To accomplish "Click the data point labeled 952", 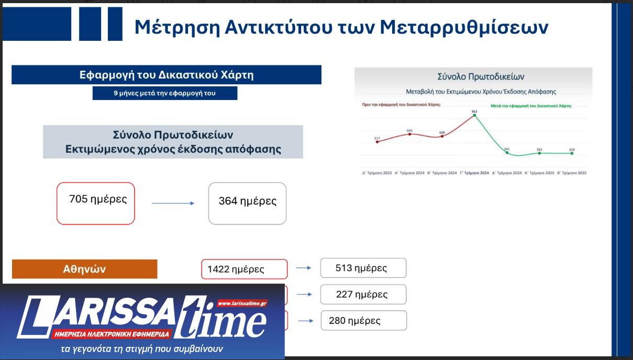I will (x=474, y=116).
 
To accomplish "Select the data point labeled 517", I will (x=377, y=142).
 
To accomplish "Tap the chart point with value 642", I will (x=409, y=134).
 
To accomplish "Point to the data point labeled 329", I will (x=572, y=153).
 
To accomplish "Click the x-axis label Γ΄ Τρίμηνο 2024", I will (x=474, y=173).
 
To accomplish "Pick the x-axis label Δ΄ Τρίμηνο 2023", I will (x=377, y=173).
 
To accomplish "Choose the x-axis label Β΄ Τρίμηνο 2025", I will (x=572, y=173).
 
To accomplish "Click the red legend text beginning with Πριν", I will (x=401, y=105).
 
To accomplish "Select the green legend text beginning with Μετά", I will (x=531, y=105).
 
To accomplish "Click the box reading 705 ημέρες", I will (x=96, y=203).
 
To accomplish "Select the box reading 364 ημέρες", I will (x=247, y=203).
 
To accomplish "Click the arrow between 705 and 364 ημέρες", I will (x=173, y=203).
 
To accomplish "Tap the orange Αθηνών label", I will (x=84, y=269).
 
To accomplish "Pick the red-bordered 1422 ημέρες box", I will (x=245, y=269).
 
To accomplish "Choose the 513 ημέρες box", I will (x=363, y=268).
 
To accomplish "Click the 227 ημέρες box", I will (x=363, y=294).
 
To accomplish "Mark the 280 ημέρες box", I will (x=363, y=320).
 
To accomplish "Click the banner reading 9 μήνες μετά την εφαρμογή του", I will (x=165, y=93).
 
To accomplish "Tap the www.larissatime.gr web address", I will (x=242, y=303).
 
